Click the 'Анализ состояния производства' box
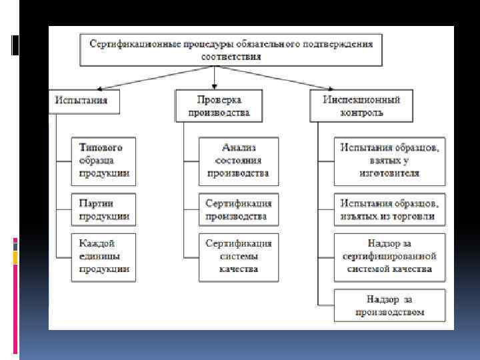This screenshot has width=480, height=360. tap(239, 161)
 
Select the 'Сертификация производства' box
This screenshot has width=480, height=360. tap(239, 209)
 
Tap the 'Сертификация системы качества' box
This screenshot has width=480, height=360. tap(239, 257)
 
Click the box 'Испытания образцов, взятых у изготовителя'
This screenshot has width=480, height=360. tap(390, 161)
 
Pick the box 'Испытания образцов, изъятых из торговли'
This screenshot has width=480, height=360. tap(390, 209)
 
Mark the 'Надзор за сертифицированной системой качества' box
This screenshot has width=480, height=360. tap(390, 257)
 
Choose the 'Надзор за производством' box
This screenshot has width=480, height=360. tap(390, 305)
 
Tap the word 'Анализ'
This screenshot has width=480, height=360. tap(239, 147)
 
